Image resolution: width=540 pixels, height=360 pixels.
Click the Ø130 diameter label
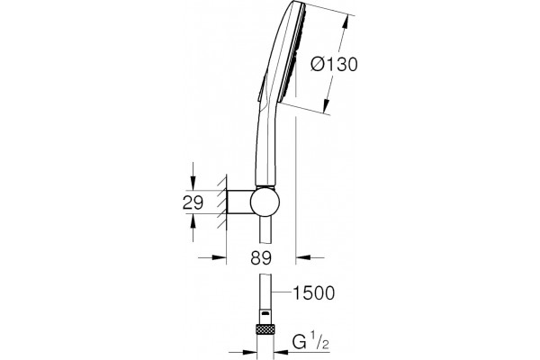tap(334, 65)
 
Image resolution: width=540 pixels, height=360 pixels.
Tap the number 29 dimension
tap(193, 202)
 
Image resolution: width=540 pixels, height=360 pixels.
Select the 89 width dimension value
tap(261, 257)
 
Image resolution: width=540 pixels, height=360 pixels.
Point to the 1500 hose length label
tap(313, 292)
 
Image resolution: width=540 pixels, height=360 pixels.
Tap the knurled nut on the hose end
tap(265, 329)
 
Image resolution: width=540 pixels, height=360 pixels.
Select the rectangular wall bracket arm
tap(239, 202)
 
